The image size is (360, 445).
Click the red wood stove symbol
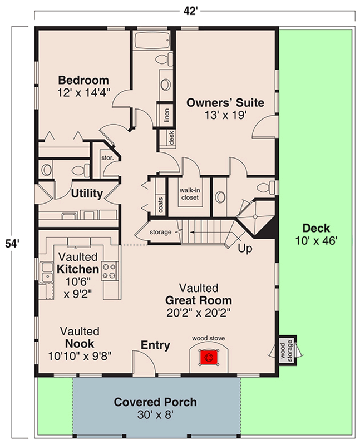(209, 357)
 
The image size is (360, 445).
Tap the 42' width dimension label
(190, 11)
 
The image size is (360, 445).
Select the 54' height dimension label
(12, 244)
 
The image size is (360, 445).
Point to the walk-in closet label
(190, 194)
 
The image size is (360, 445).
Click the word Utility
(87, 194)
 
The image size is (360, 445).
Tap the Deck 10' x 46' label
(316, 234)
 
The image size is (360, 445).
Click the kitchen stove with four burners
(109, 271)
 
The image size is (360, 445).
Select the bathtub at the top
(152, 40)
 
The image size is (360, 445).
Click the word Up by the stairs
(245, 249)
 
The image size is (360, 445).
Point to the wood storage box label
(286, 350)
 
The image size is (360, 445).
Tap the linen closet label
(167, 115)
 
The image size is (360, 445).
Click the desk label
(171, 137)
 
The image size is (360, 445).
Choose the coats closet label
(161, 205)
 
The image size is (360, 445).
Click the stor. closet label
(107, 157)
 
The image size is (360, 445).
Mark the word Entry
(155, 345)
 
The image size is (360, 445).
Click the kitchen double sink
(47, 272)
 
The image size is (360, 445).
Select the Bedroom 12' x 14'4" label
(83, 86)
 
